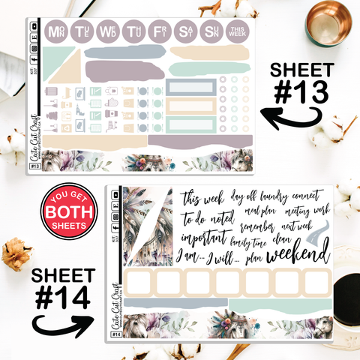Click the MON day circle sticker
(x=58, y=32)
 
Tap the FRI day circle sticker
(x=159, y=32)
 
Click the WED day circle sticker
(x=109, y=32)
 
